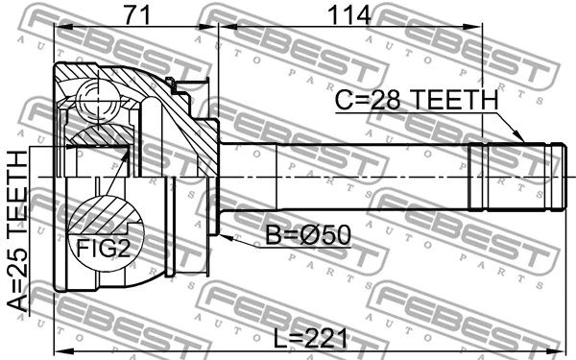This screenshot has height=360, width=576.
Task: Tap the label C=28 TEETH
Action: (416, 100)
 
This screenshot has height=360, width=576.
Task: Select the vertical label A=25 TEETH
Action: (17, 231)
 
